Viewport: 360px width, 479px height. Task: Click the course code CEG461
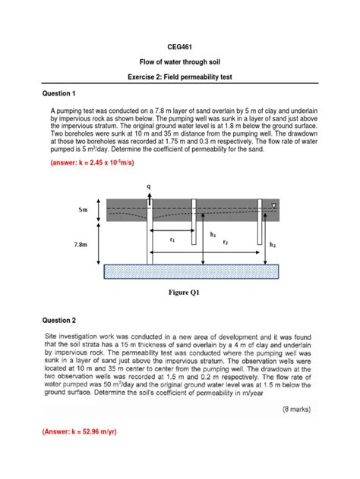point(180,47)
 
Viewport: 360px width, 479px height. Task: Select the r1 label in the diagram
point(172,240)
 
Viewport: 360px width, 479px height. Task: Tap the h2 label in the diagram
point(272,245)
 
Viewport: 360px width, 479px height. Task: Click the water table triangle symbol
point(273,205)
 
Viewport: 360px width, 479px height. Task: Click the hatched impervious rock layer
point(191,271)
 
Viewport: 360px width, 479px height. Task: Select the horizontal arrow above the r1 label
point(172,230)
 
